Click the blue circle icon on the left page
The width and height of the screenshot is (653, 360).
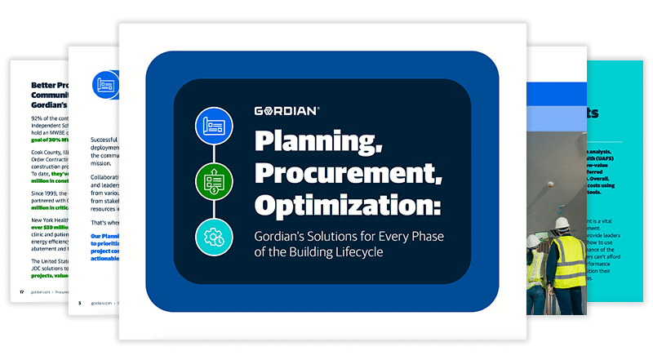click(x=105, y=82)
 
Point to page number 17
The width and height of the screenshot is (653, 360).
click(x=21, y=291)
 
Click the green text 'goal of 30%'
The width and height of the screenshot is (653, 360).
click(x=47, y=140)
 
